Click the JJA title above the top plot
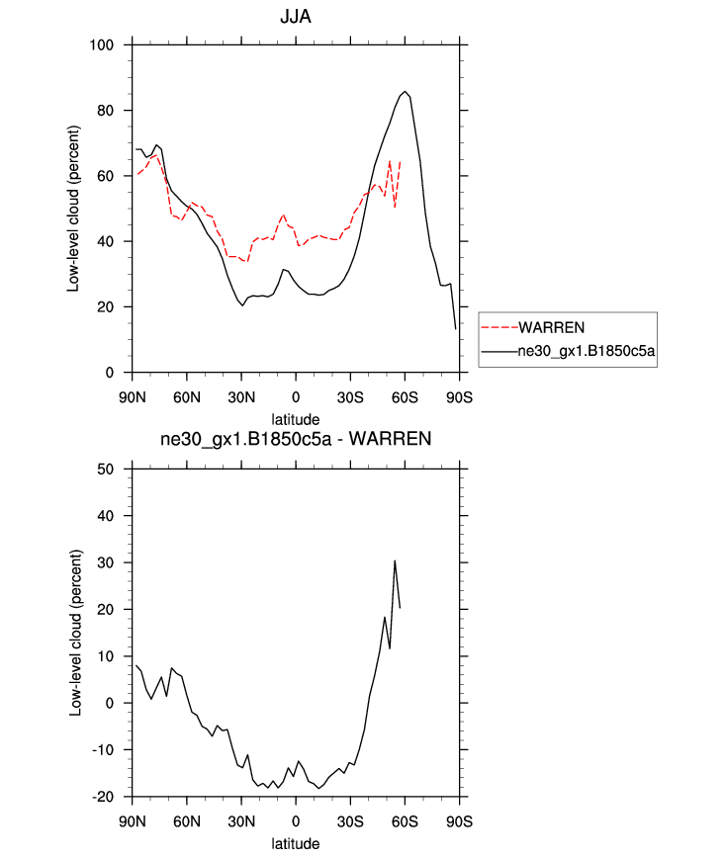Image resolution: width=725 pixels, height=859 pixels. (x=296, y=17)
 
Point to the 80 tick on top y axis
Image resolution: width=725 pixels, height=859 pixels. (x=110, y=110)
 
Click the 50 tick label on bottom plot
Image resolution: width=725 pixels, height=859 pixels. (x=110, y=469)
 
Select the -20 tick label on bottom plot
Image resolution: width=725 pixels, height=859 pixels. (x=107, y=797)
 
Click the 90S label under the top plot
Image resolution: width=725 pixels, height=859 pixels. (x=458, y=397)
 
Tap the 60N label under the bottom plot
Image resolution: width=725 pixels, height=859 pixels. (x=187, y=822)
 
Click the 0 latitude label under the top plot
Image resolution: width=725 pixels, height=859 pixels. (x=296, y=397)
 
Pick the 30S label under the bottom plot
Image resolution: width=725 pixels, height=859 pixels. (x=349, y=822)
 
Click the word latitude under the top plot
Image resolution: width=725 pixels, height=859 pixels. (x=296, y=419)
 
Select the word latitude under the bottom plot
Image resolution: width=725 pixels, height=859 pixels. (x=296, y=844)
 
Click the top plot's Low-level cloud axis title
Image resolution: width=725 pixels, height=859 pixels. (x=73, y=209)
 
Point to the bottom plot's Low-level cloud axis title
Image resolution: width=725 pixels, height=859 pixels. (x=73, y=633)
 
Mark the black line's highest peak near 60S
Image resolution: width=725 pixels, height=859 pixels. (x=405, y=91)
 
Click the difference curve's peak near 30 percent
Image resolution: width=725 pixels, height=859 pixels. (x=395, y=560)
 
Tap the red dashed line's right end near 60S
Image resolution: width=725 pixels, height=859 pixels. (x=400, y=161)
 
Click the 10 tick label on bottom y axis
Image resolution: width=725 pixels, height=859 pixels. (x=110, y=656)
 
